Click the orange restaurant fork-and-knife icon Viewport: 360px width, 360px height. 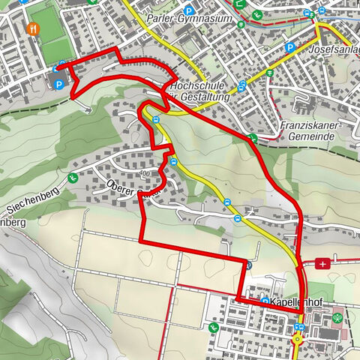33,29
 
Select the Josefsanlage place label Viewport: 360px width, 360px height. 334,49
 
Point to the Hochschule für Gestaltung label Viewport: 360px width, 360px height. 198,92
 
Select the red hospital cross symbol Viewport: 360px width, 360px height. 322,263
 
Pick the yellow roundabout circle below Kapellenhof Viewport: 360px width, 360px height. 297,337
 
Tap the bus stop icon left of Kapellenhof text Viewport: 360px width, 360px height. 265,301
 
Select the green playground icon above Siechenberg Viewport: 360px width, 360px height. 73,178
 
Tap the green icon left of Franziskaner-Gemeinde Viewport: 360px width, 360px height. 253,138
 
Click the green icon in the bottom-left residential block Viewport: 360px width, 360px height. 214,327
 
